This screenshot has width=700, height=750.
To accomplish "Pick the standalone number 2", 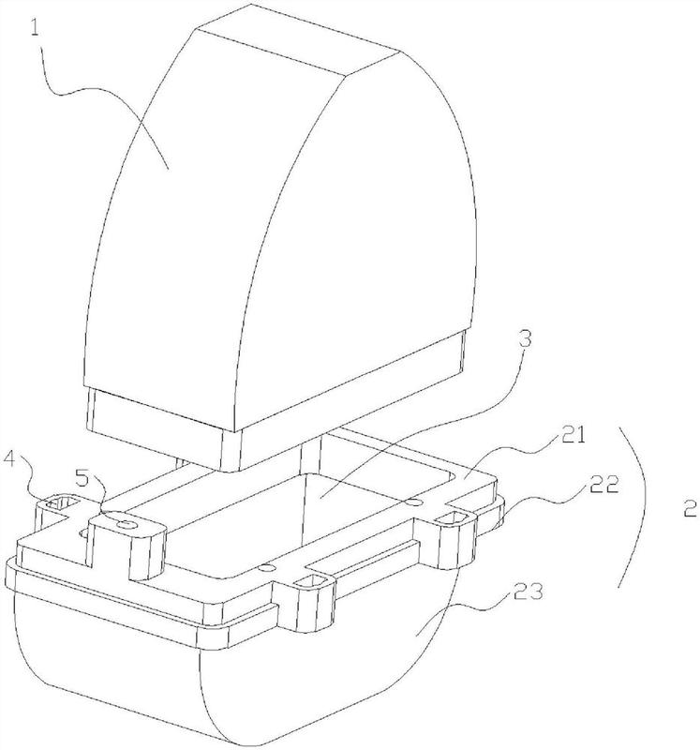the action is pos(689,510).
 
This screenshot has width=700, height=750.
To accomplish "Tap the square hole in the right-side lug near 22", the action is pos(458,517).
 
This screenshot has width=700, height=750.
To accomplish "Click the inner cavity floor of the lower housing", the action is pos(309,525).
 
